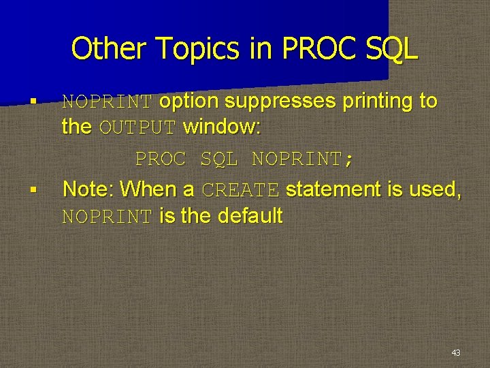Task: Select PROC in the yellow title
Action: point(311,49)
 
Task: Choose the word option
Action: point(189,102)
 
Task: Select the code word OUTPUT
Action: point(138,127)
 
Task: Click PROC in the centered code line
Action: point(161,159)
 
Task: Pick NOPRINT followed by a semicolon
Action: point(302,159)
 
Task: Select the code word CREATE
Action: point(241,190)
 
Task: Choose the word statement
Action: point(333,189)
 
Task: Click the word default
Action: point(250,216)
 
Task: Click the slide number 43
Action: point(455,352)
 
